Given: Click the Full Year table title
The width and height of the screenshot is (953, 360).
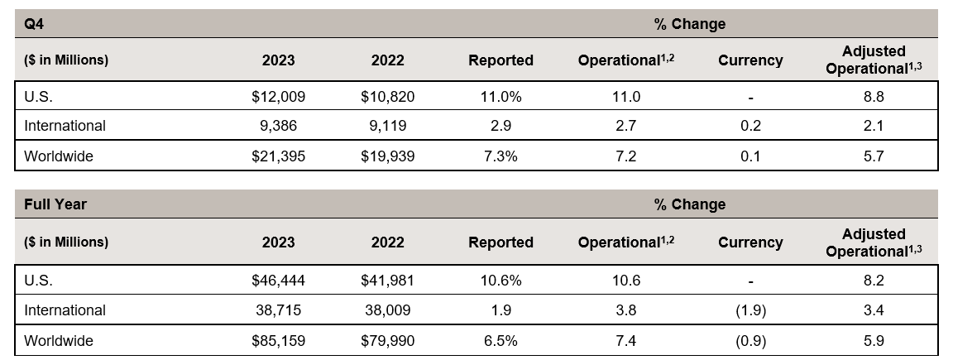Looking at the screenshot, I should click(55, 204).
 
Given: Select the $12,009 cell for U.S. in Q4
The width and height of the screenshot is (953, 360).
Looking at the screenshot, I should click(278, 97).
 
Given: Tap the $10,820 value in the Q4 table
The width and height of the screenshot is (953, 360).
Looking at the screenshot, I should click(387, 97).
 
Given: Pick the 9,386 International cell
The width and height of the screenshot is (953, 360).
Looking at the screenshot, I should click(285, 126).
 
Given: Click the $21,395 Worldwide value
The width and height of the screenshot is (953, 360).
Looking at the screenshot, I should click(278, 156).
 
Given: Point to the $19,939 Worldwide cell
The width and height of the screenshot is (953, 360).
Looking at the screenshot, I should click(387, 156).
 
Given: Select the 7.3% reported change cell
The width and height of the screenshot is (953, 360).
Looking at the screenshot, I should click(500, 156).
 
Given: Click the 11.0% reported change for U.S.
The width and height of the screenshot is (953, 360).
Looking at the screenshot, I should click(500, 97).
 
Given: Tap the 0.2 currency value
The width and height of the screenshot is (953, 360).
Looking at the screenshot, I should click(750, 126).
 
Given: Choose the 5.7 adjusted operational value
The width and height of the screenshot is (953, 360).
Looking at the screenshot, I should click(874, 156).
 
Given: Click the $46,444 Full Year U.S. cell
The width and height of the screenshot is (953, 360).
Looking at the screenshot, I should click(278, 281).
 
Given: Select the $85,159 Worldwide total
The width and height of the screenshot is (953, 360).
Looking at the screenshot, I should click(278, 340).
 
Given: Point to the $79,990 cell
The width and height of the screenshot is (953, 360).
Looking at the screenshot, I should click(387, 340).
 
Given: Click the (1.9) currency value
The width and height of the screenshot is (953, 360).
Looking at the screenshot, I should click(750, 310).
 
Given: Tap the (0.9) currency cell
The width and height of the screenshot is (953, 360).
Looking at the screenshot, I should click(750, 340).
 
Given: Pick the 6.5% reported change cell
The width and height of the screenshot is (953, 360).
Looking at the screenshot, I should click(500, 340).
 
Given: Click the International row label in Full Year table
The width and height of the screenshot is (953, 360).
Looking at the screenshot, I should click(65, 310).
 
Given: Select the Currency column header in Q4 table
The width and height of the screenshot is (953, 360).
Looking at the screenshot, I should click(750, 60).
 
